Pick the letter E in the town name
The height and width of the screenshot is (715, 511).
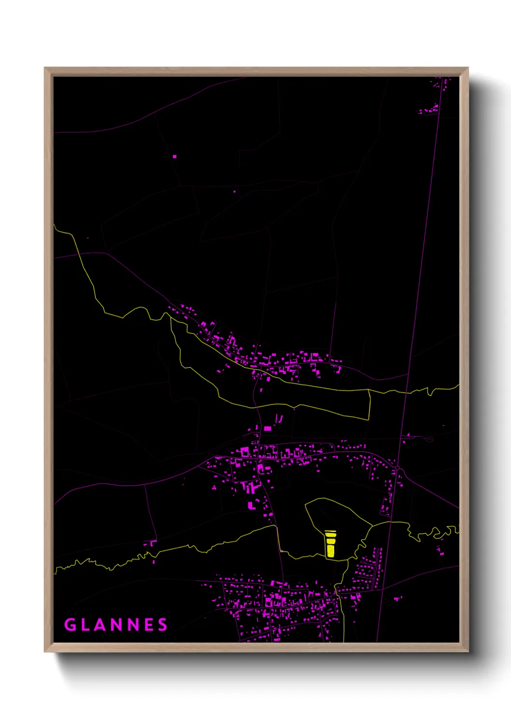point(149,625)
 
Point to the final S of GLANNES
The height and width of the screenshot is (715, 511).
point(163,625)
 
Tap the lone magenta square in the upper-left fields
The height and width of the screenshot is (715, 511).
point(174,157)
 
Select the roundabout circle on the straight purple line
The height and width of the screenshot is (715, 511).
point(398,469)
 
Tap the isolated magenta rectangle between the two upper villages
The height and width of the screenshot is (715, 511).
point(267,428)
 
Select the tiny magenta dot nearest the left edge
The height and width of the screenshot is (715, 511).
point(87,238)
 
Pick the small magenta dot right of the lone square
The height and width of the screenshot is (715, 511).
point(235,192)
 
